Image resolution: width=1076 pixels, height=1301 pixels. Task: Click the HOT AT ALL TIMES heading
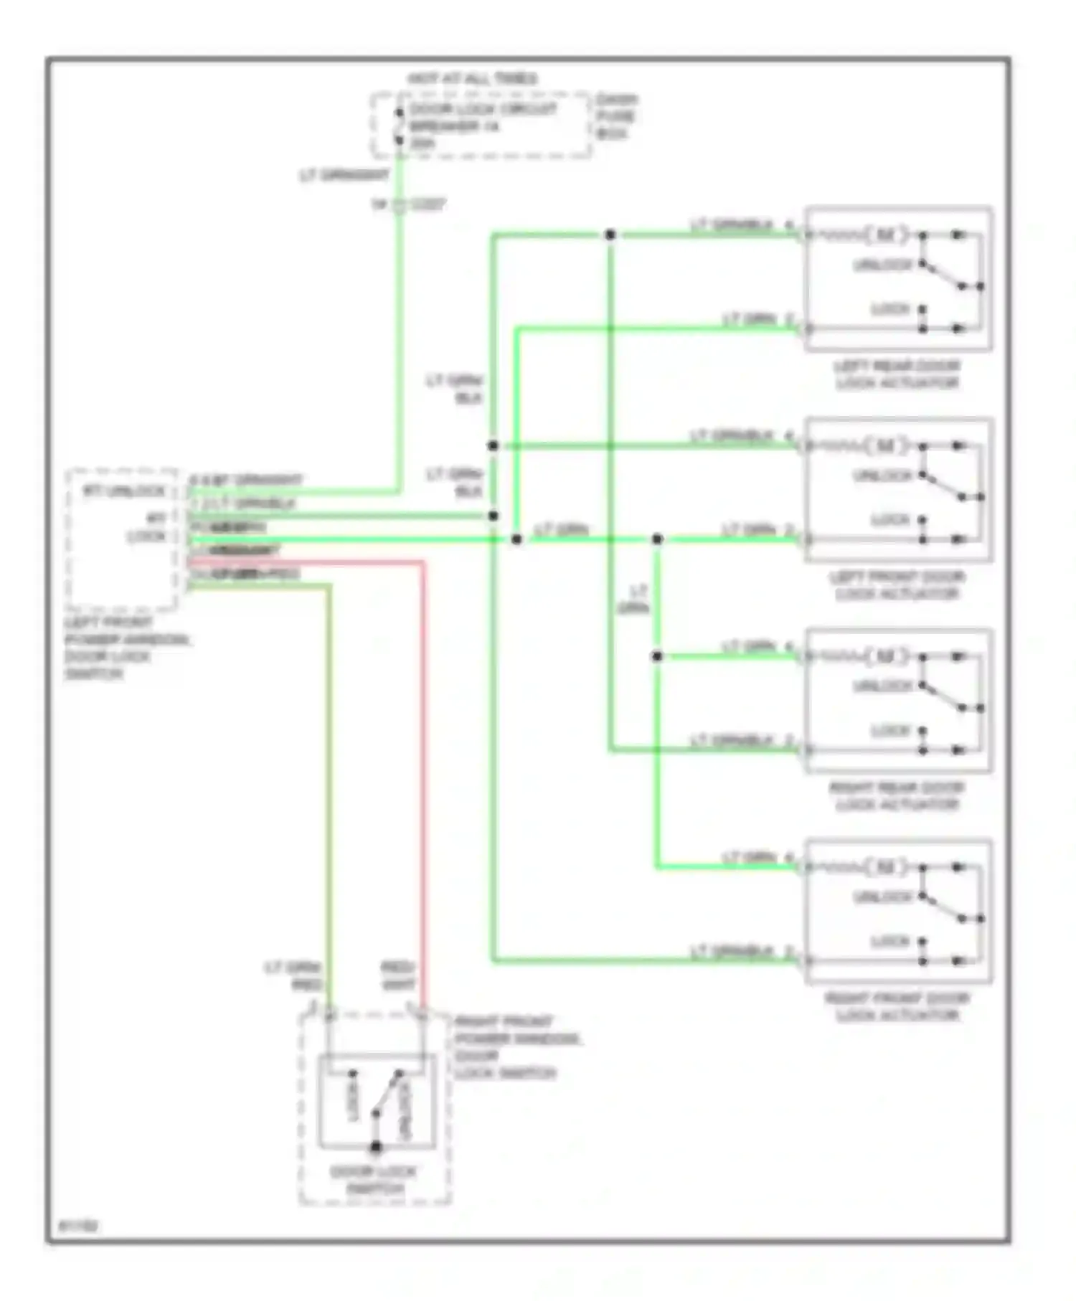coord(472,79)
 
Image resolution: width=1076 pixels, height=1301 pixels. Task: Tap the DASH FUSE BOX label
coord(615,116)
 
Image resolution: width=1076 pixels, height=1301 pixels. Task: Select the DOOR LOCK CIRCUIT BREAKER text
coord(482,118)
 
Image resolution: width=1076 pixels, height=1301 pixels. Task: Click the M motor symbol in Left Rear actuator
coord(886,235)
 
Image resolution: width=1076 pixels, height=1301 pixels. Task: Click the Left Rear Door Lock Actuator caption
coord(897,374)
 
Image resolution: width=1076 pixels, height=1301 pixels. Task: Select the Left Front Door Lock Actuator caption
coord(897,585)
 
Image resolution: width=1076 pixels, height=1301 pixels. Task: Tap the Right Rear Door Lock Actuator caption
coord(897,796)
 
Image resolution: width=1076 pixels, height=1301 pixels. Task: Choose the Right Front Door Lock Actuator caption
coord(897,1006)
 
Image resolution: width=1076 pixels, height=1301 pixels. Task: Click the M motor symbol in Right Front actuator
coord(886,867)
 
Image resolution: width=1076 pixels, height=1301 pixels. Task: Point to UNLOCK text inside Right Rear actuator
coord(882,686)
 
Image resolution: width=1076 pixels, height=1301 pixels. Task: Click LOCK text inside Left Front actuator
coord(890,520)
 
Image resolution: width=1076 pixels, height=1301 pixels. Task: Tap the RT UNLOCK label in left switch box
coord(124,492)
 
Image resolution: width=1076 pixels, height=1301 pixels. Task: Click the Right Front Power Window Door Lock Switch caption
coord(516,1047)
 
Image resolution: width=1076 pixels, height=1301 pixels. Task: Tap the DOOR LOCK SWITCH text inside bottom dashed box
coord(374,1181)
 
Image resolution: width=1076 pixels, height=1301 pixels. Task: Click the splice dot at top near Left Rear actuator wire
coord(610,235)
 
